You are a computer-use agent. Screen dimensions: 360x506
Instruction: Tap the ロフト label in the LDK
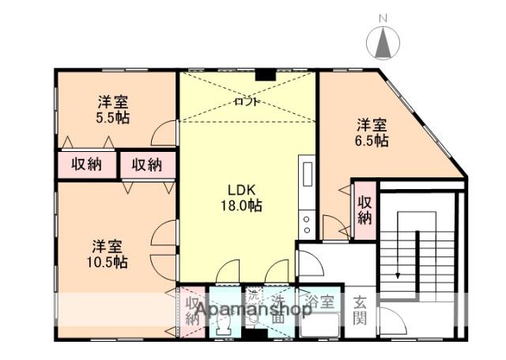[246, 102]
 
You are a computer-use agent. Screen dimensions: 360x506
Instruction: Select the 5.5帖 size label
[114, 117]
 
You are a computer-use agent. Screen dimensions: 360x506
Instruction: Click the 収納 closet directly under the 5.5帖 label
[86, 165]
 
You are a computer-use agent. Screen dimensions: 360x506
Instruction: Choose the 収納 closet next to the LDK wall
[146, 165]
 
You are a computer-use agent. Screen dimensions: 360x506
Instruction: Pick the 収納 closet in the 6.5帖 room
[364, 207]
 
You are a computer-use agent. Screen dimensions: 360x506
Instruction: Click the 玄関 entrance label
[360, 309]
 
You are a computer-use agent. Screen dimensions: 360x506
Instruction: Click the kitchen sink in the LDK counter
[306, 174]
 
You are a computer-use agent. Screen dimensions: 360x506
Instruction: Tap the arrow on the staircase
[397, 273]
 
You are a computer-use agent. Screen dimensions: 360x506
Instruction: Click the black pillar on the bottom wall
[253, 334]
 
